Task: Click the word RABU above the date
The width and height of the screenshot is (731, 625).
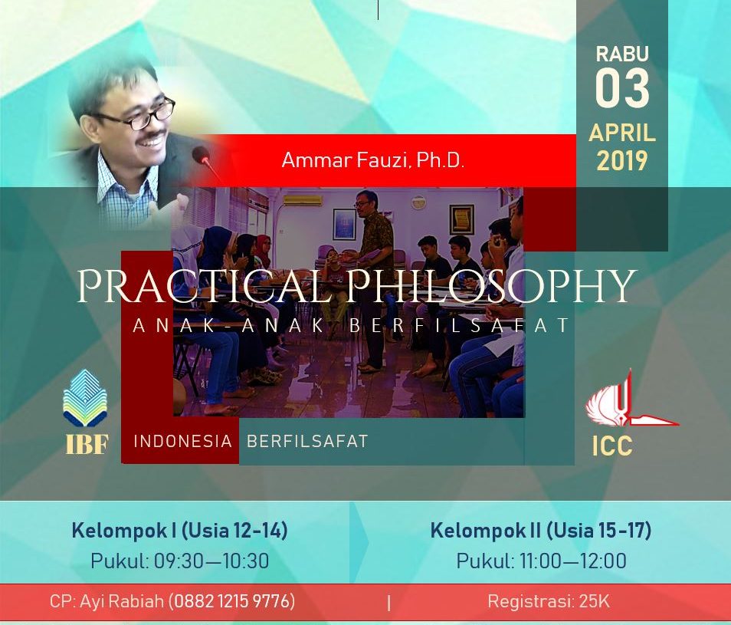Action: [x=622, y=54]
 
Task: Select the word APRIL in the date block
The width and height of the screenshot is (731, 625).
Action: [x=622, y=133]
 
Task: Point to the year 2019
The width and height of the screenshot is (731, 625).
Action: [x=622, y=161]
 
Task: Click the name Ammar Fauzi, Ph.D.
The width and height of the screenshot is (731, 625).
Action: [x=373, y=160]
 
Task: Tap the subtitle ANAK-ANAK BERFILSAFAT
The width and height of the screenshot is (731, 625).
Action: [x=352, y=325]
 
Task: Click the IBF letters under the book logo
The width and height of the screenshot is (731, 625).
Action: [x=87, y=444]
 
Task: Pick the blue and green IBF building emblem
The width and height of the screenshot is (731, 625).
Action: [x=85, y=398]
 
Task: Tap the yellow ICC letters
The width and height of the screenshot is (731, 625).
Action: [x=612, y=446]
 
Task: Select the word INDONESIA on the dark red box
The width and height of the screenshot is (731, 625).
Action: [x=182, y=441]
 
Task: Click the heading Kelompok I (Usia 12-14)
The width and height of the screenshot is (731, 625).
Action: [x=179, y=531]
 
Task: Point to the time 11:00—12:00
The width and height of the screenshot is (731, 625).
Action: [x=573, y=561]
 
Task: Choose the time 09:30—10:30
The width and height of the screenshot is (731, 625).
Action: [x=211, y=561]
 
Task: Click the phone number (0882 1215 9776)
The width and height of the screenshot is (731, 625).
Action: [x=231, y=600]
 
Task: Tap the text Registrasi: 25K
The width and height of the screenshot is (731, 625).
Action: [x=549, y=601]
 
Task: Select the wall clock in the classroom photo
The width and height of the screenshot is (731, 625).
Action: [x=418, y=202]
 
